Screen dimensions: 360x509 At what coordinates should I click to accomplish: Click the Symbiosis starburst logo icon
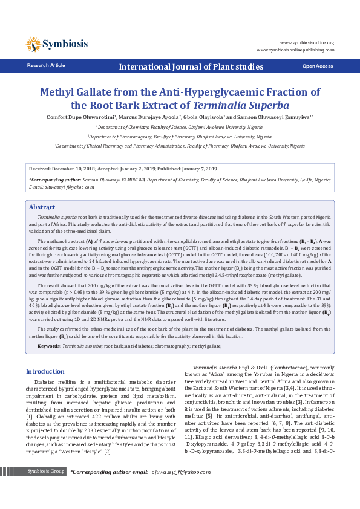pos(33,44)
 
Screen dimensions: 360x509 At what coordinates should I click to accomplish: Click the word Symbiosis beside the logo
pos(65,44)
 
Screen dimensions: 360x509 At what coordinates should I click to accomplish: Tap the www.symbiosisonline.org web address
pos(306,42)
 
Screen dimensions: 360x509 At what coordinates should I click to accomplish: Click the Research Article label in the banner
pos(46,65)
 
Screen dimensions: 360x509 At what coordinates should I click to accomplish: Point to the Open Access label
pos(317,66)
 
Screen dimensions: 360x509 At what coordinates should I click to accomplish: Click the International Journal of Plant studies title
pos(191,66)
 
